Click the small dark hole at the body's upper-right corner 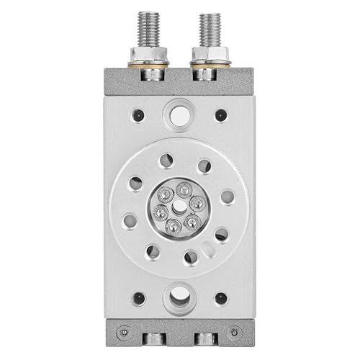click(220, 114)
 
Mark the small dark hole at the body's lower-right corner click(220, 297)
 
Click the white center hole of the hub click(179, 207)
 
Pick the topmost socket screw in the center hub click(182, 189)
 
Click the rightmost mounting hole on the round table click(227, 196)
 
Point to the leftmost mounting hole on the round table click(130, 220)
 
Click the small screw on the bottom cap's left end click(125, 332)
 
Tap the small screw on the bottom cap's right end click(234, 332)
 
